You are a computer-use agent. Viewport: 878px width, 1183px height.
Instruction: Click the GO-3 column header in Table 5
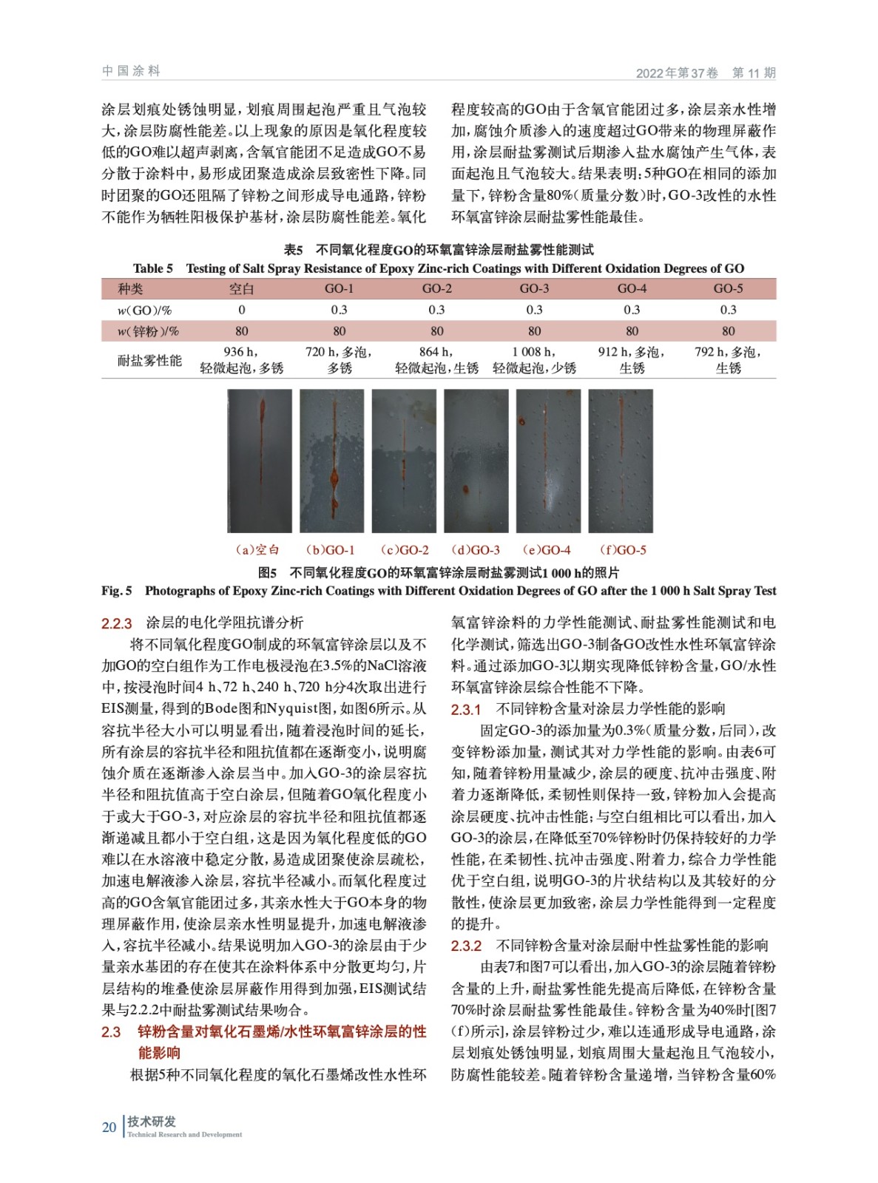(534, 288)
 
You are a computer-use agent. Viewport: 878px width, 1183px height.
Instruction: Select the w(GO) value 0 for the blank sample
(242, 310)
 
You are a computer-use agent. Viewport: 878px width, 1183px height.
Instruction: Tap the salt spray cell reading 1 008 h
(534, 359)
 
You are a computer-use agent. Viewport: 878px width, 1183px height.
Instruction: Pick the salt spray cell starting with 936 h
(242, 359)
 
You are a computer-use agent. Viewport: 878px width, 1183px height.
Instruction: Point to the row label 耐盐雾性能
(149, 360)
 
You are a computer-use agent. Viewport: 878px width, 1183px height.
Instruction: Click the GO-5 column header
(728, 288)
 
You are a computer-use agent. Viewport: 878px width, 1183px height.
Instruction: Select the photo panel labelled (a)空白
(260, 461)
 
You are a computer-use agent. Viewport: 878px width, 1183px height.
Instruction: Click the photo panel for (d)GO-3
(476, 461)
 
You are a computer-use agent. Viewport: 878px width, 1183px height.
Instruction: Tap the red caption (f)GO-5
(623, 550)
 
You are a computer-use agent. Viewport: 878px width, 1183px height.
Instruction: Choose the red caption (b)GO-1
(331, 550)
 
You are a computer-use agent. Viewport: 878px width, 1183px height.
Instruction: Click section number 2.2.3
(117, 623)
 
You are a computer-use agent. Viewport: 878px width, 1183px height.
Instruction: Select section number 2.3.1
(466, 710)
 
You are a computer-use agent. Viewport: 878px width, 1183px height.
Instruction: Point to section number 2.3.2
(466, 946)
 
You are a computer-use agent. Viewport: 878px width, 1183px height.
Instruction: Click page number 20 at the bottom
(109, 1127)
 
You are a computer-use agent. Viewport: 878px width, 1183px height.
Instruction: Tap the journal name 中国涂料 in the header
(131, 71)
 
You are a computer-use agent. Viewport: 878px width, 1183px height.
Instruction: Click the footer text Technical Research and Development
(184, 1134)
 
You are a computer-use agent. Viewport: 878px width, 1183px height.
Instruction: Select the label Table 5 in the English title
(153, 268)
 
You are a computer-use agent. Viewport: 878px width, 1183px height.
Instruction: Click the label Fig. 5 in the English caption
(117, 591)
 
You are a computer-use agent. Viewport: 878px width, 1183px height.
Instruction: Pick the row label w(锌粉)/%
(148, 331)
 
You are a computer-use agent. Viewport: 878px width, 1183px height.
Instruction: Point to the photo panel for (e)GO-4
(547, 461)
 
